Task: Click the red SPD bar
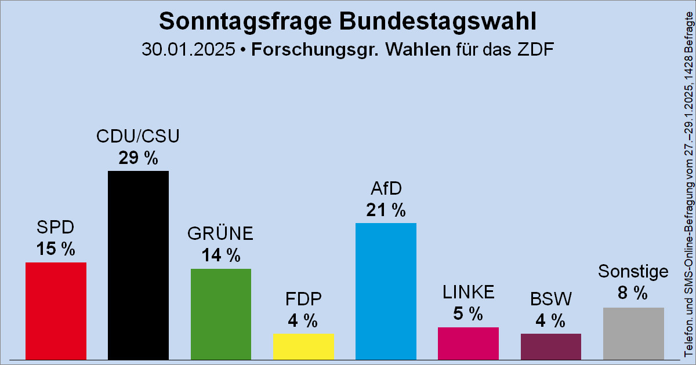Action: [x=56, y=311]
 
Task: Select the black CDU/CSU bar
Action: [x=138, y=265]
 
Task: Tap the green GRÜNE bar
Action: [x=221, y=313]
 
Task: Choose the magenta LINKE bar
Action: [x=468, y=343]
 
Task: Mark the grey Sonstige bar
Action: [x=633, y=333]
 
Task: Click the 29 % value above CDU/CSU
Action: [x=138, y=158]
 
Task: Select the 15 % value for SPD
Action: [x=56, y=249]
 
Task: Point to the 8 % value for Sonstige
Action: [x=633, y=294]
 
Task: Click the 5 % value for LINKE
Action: [x=468, y=314]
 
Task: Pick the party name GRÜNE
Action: [x=221, y=233]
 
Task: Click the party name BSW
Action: [x=550, y=299]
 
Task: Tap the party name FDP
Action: [x=303, y=299]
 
